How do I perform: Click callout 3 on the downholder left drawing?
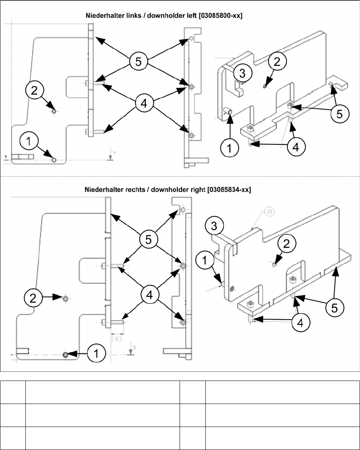[x=242, y=73]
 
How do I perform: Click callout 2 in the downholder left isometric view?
[x=277, y=62]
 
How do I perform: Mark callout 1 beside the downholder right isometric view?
[x=205, y=261]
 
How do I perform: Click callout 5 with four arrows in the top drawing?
[x=138, y=62]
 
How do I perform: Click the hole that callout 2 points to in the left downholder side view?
[x=54, y=112]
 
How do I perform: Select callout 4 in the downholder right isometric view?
[x=301, y=322]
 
